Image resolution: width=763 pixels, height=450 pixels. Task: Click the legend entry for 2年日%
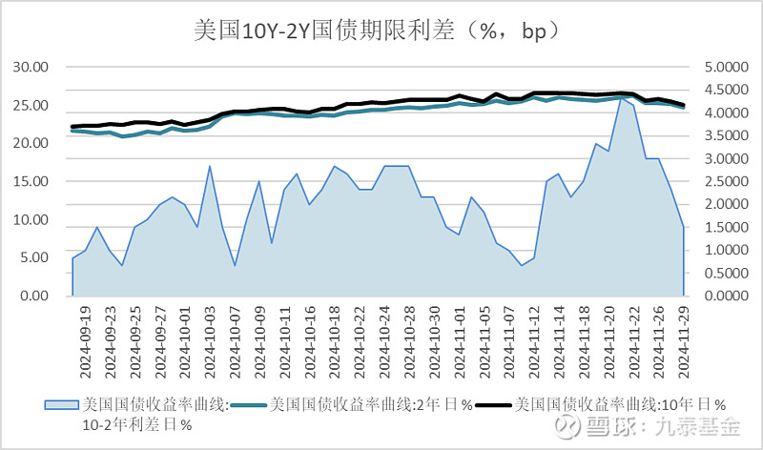[x=372, y=404]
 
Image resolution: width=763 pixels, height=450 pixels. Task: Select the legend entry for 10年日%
[x=610, y=404]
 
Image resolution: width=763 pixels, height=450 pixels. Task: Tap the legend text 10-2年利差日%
[x=138, y=425]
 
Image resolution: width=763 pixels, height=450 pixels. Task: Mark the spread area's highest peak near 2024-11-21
[x=621, y=96]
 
